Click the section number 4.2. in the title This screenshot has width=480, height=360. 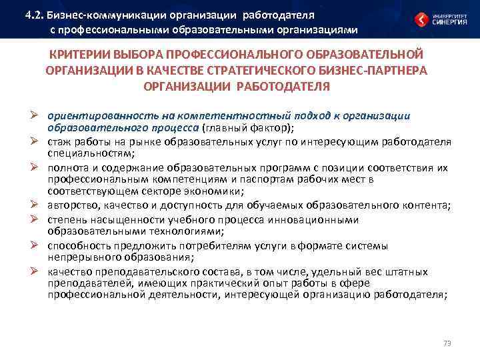33,14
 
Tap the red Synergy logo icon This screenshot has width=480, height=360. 421,19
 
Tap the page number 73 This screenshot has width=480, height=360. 447,343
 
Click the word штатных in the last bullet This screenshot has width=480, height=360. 408,272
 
